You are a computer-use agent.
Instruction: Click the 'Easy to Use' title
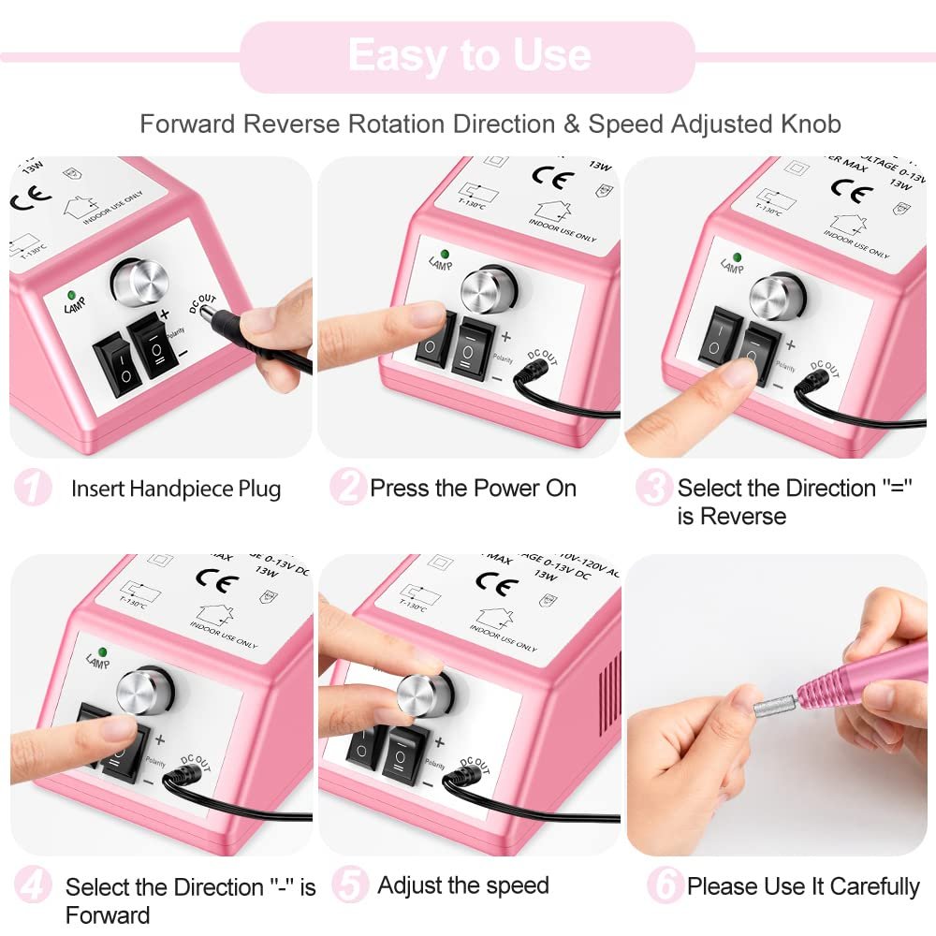[468, 56]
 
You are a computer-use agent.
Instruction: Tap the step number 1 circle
[33, 488]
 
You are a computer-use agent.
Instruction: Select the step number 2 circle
[347, 488]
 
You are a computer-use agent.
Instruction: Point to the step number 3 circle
[653, 488]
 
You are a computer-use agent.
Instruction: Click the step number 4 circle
[33, 886]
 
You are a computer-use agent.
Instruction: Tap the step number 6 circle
[665, 886]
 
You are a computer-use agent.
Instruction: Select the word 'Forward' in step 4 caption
[107, 914]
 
